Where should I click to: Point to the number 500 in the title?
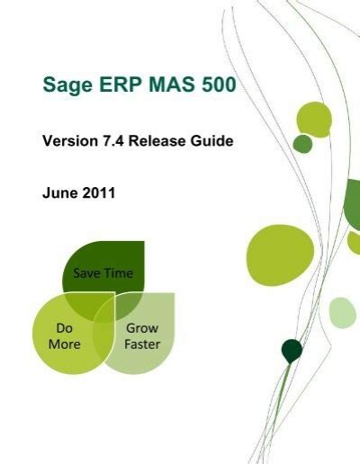219,85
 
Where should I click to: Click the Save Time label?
103,273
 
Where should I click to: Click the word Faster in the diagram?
141,344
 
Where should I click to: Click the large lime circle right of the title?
314,120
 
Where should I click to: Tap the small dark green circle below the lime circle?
302,144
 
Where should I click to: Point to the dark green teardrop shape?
291,351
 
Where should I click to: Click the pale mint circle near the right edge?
342,312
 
